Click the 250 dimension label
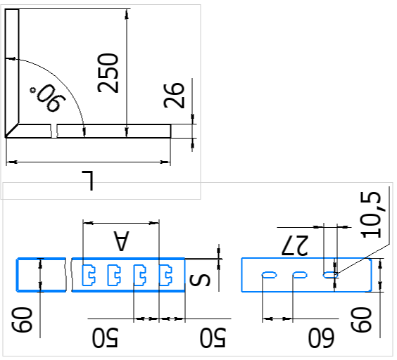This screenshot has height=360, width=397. coord(108,73)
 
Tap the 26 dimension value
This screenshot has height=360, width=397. coord(174,96)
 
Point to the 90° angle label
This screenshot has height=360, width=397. coord(48,98)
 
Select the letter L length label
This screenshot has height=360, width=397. coord(87,181)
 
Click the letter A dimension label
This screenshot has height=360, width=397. coord(121,240)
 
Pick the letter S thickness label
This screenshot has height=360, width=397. coord(200,280)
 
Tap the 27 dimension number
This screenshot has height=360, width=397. coord(295,245)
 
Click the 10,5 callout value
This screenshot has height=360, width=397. coord(372,214)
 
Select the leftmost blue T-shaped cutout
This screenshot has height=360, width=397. coord(89,275)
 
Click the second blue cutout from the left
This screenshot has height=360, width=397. coord(114,275)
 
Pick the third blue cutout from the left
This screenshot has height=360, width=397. coord(140,275)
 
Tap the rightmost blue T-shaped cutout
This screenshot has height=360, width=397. coord(165,275)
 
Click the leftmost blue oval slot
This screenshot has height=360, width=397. coord(269,275)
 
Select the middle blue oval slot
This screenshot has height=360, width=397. coord(300,275)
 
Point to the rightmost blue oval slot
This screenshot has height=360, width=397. coord(330,275)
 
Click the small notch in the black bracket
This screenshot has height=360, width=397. coord(53,131)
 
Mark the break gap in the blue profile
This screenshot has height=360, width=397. coord(69,275)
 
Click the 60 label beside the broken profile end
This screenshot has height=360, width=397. coord(23,319)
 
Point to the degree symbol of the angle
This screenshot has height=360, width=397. coord(33,90)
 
